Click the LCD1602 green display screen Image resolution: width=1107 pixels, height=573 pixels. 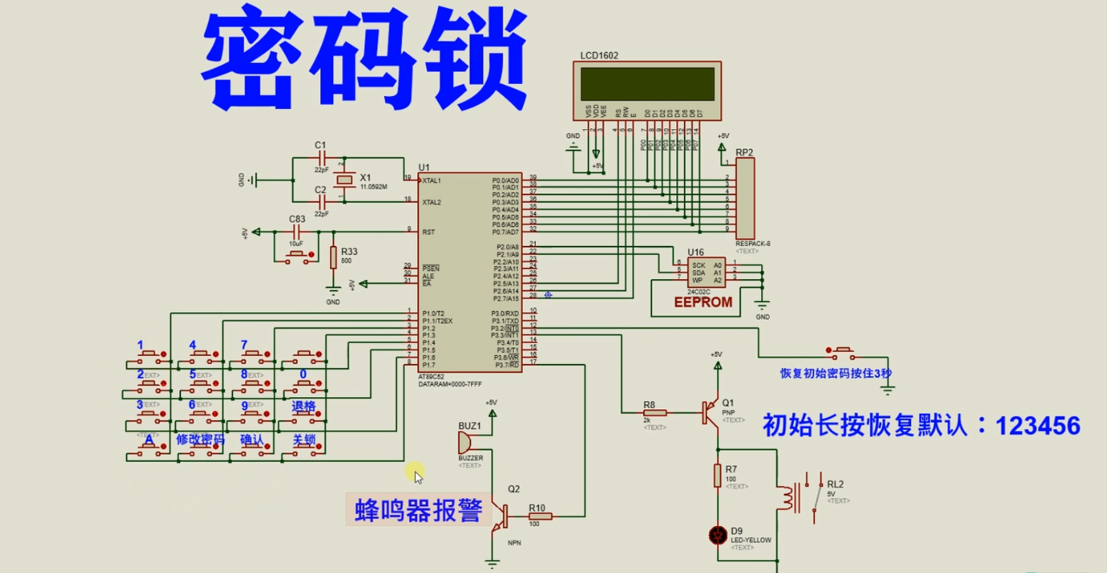pyautogui.click(x=646, y=84)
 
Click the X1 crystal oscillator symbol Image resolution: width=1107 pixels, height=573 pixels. pyautogui.click(x=345, y=180)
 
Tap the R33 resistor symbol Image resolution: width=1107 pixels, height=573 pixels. pyautogui.click(x=333, y=257)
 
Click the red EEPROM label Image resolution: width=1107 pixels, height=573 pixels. pyautogui.click(x=703, y=303)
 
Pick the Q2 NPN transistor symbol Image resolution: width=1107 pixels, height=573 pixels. pyautogui.click(x=499, y=517)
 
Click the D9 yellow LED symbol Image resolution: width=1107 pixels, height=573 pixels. pyautogui.click(x=717, y=534)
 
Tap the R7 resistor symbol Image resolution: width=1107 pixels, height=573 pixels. pyautogui.click(x=717, y=476)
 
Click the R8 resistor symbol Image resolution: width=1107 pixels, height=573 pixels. pyautogui.click(x=655, y=413)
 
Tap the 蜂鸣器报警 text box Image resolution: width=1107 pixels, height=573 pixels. pyautogui.click(x=418, y=510)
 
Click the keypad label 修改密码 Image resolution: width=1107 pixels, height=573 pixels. pyautogui.click(x=200, y=439)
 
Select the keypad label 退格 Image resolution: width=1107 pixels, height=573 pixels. pyautogui.click(x=303, y=406)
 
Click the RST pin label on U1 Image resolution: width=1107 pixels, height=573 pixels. pyautogui.click(x=428, y=232)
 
